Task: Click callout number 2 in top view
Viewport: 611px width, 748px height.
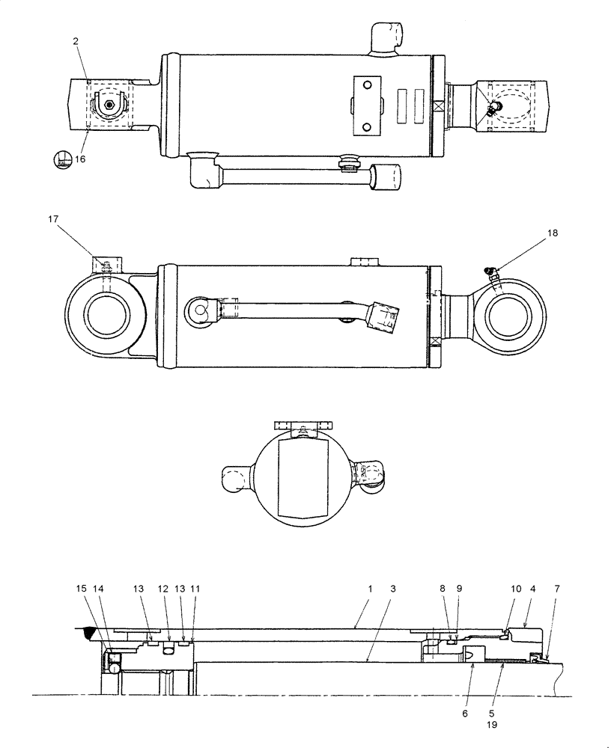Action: pos(76,42)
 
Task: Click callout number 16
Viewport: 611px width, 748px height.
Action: pos(81,159)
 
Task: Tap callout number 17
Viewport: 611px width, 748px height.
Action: pos(52,219)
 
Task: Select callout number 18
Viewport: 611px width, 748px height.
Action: pos(553,233)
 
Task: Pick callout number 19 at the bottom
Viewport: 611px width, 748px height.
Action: pos(491,725)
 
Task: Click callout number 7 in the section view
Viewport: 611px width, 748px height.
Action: pos(555,589)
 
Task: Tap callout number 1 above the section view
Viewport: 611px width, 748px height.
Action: pos(370,589)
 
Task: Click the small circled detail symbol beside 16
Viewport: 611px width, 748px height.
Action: pos(63,159)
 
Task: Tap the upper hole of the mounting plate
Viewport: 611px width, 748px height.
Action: pos(367,87)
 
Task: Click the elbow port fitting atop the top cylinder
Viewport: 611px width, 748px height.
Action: pos(386,37)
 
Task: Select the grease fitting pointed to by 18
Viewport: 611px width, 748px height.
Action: pos(491,276)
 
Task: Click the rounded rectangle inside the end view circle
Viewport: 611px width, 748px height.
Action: pos(303,479)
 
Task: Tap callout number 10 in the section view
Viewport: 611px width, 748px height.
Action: pos(515,589)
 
